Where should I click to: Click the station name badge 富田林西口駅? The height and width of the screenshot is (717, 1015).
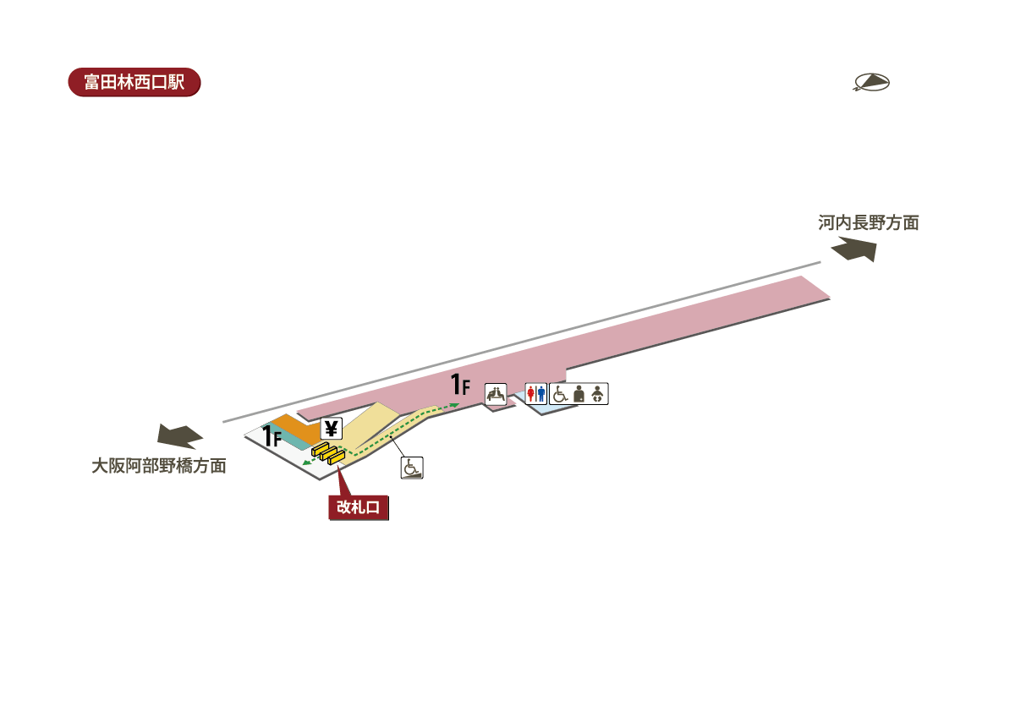[x=134, y=82]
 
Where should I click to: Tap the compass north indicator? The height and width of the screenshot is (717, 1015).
[x=872, y=82]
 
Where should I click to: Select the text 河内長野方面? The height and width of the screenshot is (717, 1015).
[x=868, y=223]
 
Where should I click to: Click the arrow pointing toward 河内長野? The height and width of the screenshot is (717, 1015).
[x=854, y=250]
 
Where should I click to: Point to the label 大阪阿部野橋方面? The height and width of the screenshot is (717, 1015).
[x=159, y=466]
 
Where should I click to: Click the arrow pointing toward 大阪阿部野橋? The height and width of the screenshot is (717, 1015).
[x=180, y=435]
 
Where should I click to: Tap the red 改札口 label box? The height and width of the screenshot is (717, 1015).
[x=359, y=506]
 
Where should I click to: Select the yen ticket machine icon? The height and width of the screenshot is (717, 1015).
[x=331, y=429]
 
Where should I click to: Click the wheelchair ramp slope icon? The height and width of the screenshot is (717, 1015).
[x=412, y=468]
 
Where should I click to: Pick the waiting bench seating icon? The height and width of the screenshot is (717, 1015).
[x=496, y=393]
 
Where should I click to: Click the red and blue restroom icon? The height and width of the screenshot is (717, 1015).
[x=536, y=393]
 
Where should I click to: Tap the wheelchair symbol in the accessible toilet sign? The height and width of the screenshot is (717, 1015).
[x=559, y=393]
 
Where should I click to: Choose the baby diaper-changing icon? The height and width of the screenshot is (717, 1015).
[x=598, y=393]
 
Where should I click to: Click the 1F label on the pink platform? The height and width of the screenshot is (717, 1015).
[x=460, y=386]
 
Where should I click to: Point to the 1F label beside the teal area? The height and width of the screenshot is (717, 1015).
[x=271, y=436]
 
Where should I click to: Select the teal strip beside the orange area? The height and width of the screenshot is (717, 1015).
[x=283, y=440]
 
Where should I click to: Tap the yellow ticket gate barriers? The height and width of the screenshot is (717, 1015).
[x=328, y=454]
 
